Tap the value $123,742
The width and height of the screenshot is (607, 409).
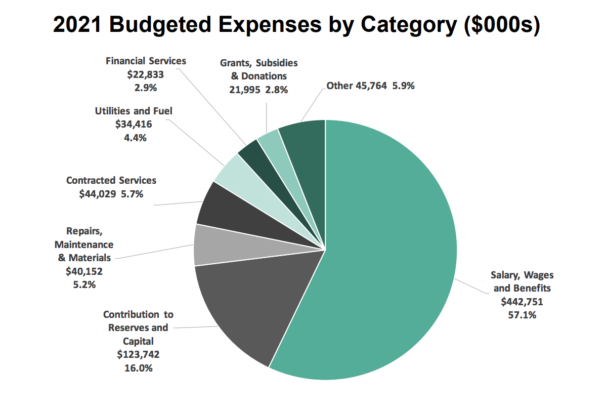point(139,355)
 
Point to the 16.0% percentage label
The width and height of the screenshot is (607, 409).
point(139,368)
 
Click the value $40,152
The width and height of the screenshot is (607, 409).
point(84,271)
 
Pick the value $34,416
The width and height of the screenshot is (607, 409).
point(134,124)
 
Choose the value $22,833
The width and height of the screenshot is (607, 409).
point(146,74)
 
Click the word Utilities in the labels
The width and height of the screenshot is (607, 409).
point(112,110)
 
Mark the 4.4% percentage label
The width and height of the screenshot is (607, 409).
point(134,137)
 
